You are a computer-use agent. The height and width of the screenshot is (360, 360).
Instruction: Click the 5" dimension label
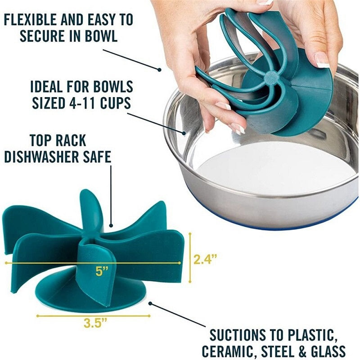tap(102, 271)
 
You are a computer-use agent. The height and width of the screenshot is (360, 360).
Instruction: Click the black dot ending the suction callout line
tap(151, 303)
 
